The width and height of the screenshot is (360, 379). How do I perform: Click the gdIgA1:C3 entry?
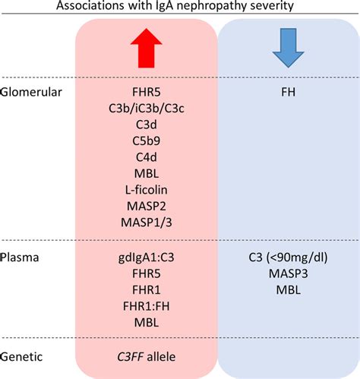(x=146, y=258)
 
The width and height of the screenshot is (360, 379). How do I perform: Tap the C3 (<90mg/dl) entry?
(x=288, y=258)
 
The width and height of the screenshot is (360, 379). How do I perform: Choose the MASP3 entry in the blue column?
(x=288, y=275)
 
